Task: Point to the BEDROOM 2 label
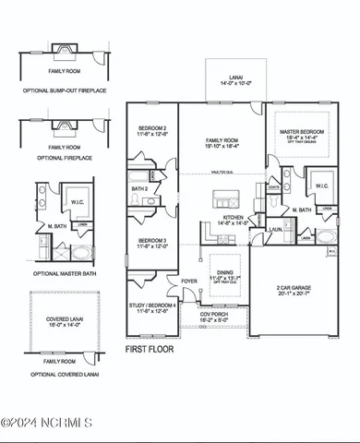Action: pyautogui.click(x=151, y=129)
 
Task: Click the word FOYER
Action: pyautogui.click(x=189, y=281)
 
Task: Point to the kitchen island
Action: pyautogui.click(x=222, y=198)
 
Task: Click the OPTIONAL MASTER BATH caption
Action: pyautogui.click(x=58, y=274)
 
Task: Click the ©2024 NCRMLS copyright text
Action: pyautogui.click(x=47, y=423)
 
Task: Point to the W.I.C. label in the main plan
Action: pyautogui.click(x=321, y=186)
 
